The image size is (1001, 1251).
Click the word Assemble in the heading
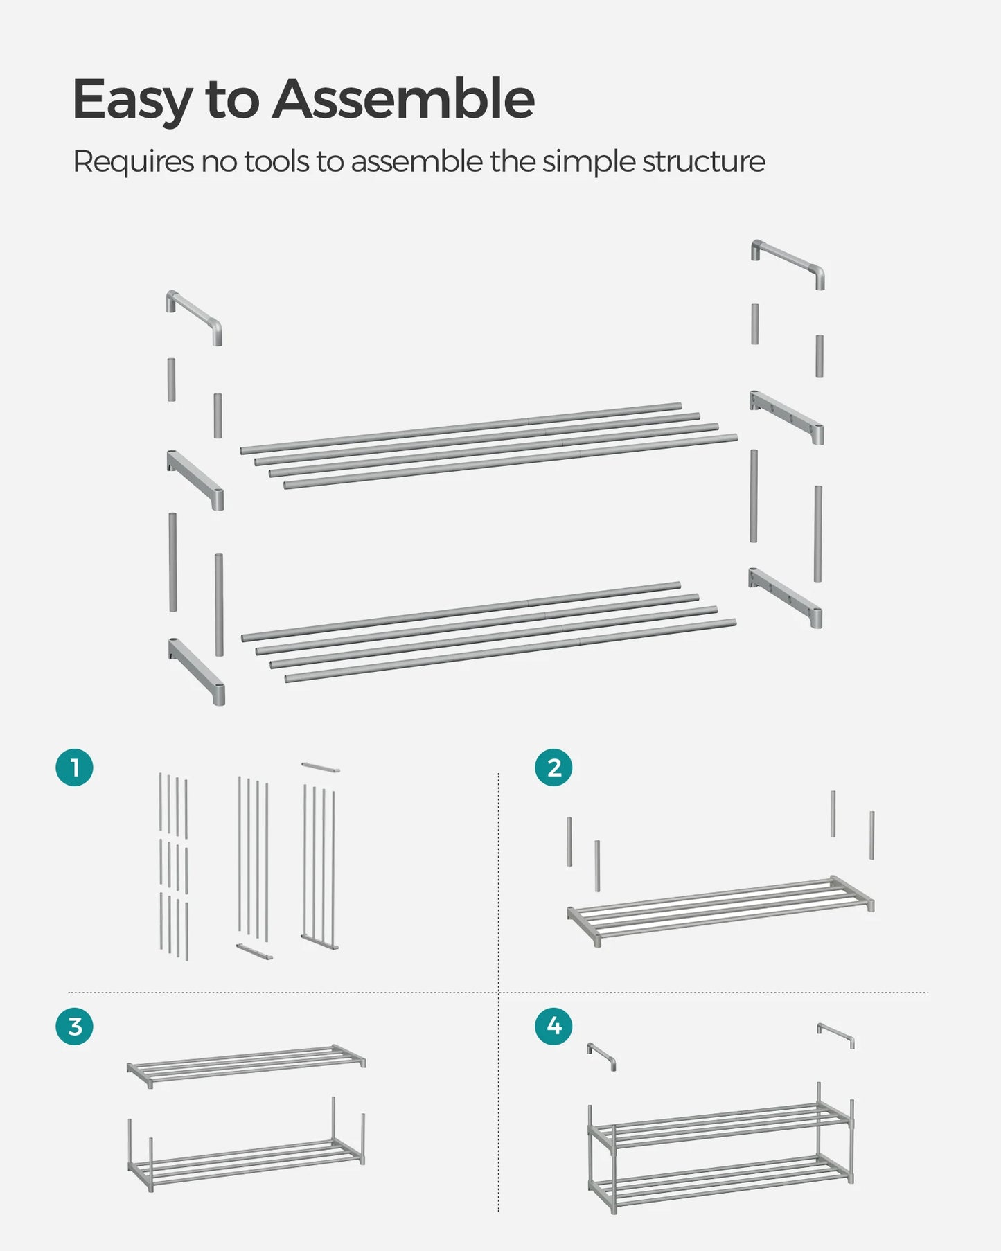pos(403,99)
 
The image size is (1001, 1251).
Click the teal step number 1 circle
pos(75,768)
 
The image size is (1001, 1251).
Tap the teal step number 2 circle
pos(553,768)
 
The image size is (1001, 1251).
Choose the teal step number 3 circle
pos(75,1026)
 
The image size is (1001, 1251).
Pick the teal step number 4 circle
pos(553,1025)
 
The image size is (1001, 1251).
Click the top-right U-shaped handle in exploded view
pos(788,261)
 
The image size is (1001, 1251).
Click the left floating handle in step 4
pos(601,1055)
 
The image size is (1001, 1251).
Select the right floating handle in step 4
pos(835,1034)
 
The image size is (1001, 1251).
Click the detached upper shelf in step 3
pos(246,1064)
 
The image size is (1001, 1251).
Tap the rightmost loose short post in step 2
pos(872,835)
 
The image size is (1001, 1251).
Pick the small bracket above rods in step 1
pos(321,767)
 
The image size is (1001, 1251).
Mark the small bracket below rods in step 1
pos(254,951)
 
